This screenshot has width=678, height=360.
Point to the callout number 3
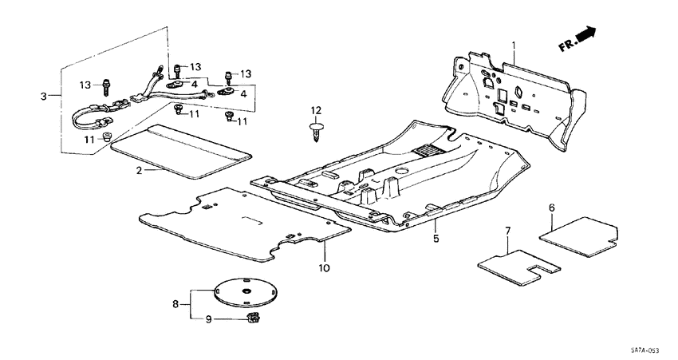(45, 97)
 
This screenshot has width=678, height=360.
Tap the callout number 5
(436, 238)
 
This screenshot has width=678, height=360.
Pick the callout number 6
(551, 208)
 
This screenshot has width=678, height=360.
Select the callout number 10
(324, 267)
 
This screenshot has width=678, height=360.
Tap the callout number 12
(315, 109)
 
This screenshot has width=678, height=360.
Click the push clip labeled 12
(315, 131)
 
